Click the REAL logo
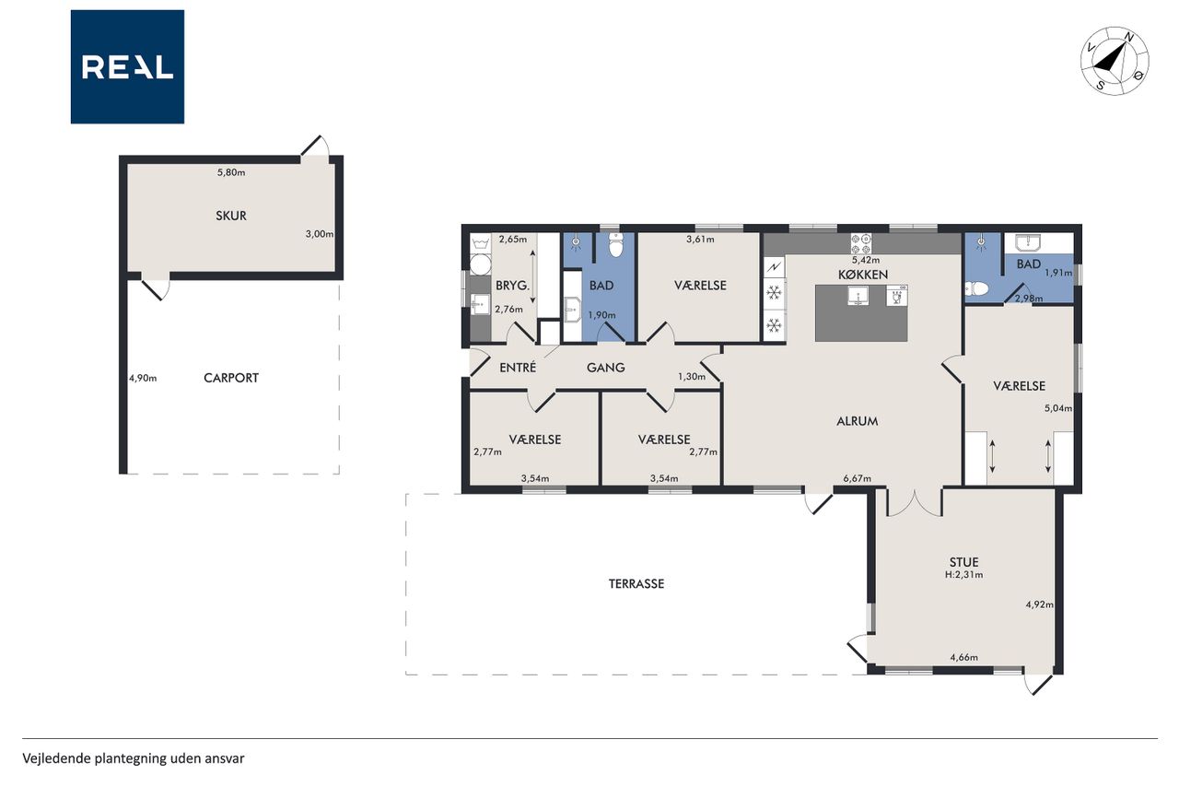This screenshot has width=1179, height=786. pos(127,67)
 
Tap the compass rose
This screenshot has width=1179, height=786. pos(1115,61)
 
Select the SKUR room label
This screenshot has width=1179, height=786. pos(231,216)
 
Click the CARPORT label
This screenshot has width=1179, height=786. pos(231,378)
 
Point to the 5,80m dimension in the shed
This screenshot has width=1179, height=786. pos(231,172)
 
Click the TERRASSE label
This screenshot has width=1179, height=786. pos(636,584)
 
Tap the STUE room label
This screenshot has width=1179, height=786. pos(963,562)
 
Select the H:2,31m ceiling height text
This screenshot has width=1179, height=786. pos(963,575)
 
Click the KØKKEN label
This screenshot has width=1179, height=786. pos(863,275)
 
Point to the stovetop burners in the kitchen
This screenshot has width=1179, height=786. pos(861,244)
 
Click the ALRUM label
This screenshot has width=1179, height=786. pos(857,421)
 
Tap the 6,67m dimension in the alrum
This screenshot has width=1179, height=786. pos(857,478)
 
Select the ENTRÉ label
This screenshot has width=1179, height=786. pos(518,368)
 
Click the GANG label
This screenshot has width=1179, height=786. pos(606,368)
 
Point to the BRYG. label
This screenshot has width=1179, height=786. pos(513,286)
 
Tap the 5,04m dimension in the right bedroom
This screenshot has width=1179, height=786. pos(1058,408)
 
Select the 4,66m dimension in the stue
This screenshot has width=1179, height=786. pos(963,657)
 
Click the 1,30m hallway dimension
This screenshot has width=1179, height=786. pos(692,377)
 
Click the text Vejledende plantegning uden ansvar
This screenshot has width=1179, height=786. pos(134,758)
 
